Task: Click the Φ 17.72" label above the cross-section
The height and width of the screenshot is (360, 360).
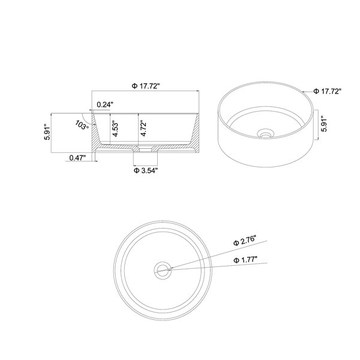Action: click(x=146, y=86)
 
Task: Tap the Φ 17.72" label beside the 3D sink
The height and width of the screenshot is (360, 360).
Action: click(x=328, y=91)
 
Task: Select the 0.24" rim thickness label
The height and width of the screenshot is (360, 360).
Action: click(x=105, y=104)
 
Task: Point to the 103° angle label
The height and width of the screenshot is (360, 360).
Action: click(x=82, y=125)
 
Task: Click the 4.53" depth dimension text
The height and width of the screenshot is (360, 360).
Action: click(x=116, y=130)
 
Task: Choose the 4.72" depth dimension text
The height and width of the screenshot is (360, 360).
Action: click(x=143, y=128)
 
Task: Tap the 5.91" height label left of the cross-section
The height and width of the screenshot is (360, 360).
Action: click(x=47, y=132)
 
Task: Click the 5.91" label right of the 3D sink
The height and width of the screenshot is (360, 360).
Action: click(x=325, y=125)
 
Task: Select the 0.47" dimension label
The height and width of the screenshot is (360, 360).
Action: click(x=77, y=158)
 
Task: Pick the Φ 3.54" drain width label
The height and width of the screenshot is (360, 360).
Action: click(x=146, y=170)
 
